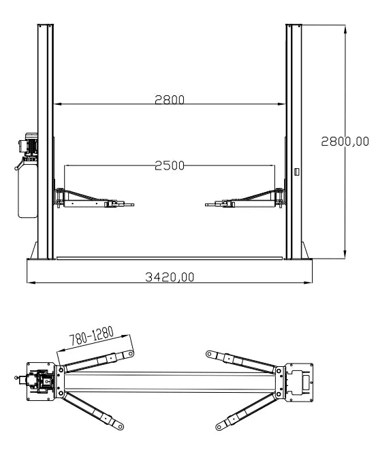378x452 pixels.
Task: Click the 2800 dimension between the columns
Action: click(170, 99)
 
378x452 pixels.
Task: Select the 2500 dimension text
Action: click(170, 165)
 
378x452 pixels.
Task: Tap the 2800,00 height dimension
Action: click(345, 141)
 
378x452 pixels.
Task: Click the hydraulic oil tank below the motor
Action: click(27, 187)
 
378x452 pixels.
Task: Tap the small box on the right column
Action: click(296, 172)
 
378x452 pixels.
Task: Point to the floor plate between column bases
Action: click(170, 258)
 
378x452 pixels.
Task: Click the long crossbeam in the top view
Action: click(170, 382)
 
